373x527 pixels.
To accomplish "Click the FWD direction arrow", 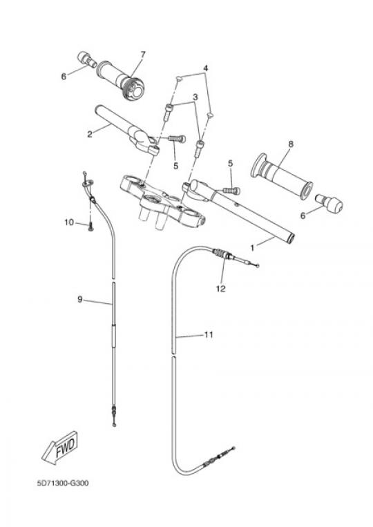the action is tap(61, 448).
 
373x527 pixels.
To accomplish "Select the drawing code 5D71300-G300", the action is tap(63, 483).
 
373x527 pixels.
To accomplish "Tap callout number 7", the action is tap(143, 54).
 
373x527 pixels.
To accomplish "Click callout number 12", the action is tap(221, 289).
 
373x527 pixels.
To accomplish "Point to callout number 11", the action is tap(209, 335).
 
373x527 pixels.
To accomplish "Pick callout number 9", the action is tap(80, 299).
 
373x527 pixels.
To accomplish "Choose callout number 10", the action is tap(69, 222).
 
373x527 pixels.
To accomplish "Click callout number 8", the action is tap(291, 144).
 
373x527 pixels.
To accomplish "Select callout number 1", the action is tap(252, 248).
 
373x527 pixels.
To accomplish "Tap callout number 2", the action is tap(89, 134).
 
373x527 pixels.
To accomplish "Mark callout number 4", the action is tap(206, 68).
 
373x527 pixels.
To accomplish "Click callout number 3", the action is tap(195, 97).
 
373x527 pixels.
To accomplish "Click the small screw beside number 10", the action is tap(90, 228).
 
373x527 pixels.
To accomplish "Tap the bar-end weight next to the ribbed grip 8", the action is tap(329, 202).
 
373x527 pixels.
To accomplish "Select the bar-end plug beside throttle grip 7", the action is tap(87, 59).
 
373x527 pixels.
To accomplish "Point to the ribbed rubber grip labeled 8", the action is tap(282, 176).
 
